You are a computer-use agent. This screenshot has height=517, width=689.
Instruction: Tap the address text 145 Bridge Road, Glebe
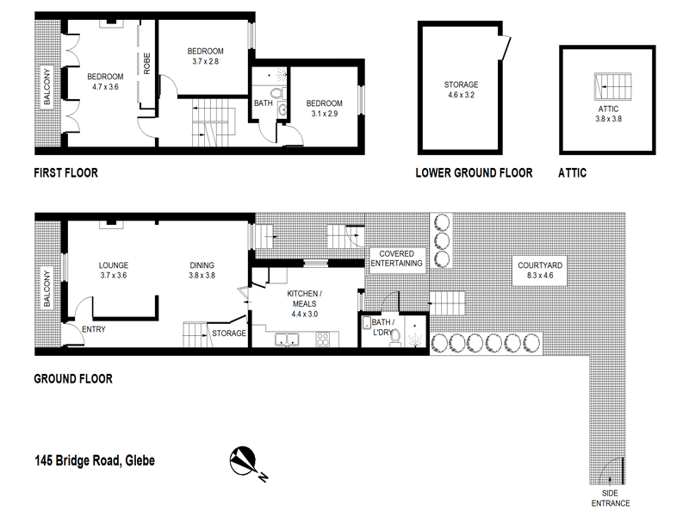pyautogui.click(x=95, y=459)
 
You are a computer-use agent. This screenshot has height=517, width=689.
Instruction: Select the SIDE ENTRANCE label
pyautogui.click(x=611, y=498)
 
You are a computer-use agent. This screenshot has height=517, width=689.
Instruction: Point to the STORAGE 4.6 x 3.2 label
pyautogui.click(x=461, y=90)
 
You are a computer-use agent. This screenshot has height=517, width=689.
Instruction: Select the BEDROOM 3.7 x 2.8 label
pyautogui.click(x=206, y=56)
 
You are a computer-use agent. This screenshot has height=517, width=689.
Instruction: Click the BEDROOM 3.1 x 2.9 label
pyautogui.click(x=324, y=109)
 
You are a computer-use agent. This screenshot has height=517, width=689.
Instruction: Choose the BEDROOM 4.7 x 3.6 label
pyautogui.click(x=105, y=82)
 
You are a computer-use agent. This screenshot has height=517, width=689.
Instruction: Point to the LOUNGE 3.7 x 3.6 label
pyautogui.click(x=113, y=271)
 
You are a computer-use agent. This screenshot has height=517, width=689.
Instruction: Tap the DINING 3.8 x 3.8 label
pyautogui.click(x=202, y=271)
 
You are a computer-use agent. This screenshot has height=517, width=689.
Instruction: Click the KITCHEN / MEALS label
pyautogui.click(x=304, y=298)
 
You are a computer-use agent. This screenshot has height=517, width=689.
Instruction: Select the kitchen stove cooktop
pyautogui.click(x=324, y=340)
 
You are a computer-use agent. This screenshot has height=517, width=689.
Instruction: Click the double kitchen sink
pyautogui.click(x=286, y=340)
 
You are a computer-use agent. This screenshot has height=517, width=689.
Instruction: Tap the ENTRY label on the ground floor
pyautogui.click(x=93, y=329)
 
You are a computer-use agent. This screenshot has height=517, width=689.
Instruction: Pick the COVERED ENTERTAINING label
pyautogui.click(x=396, y=258)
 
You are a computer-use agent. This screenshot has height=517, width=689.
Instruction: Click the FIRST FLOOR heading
pyautogui.click(x=65, y=172)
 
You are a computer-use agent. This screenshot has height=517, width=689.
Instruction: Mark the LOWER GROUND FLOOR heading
pyautogui.click(x=474, y=172)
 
